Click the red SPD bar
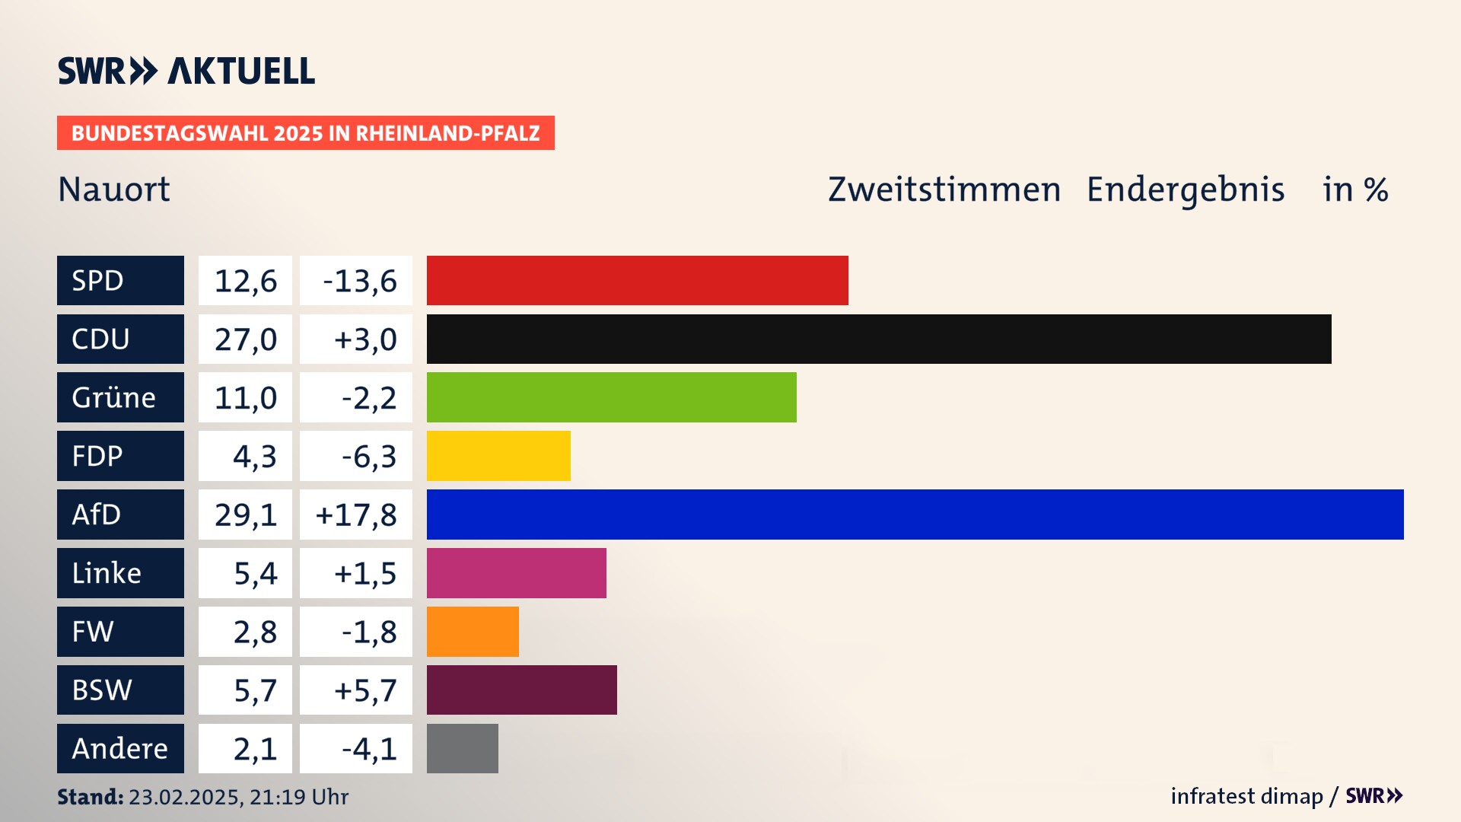pyautogui.click(x=637, y=280)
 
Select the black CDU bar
pyautogui.click(x=879, y=339)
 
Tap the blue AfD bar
pyautogui.click(x=915, y=515)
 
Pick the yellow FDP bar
pyautogui.click(x=498, y=456)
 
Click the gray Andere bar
pyautogui.click(x=462, y=748)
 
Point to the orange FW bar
pyautogui.click(x=473, y=632)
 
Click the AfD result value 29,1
pyautogui.click(x=245, y=515)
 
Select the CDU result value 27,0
pyautogui.click(x=245, y=339)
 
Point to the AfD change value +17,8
pyautogui.click(x=356, y=515)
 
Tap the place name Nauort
pyautogui.click(x=114, y=190)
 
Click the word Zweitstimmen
pyautogui.click(x=944, y=190)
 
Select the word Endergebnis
pyautogui.click(x=1185, y=190)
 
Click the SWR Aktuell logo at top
pyautogui.click(x=186, y=71)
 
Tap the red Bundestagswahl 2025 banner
pyautogui.click(x=305, y=133)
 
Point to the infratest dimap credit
pyautogui.click(x=1246, y=796)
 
